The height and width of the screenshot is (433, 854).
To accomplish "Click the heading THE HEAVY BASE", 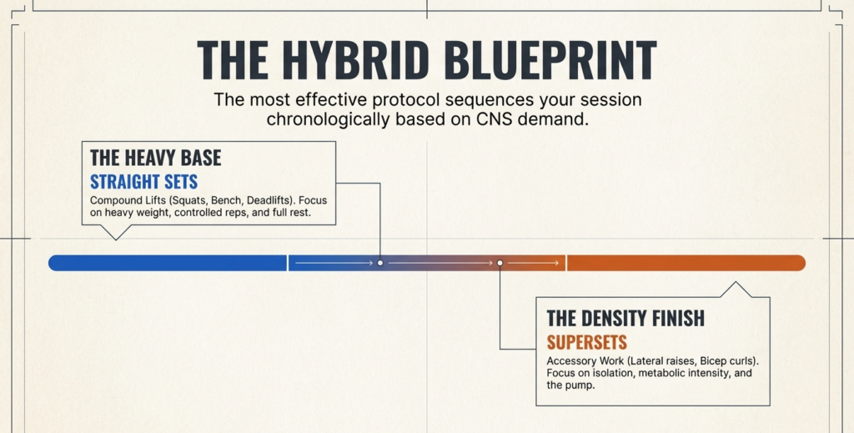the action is (x=156, y=158).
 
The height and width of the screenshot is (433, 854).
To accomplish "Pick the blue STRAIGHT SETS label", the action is (x=143, y=181).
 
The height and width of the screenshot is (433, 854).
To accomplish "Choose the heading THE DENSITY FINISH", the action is (x=625, y=318).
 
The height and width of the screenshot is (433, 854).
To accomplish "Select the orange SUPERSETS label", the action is (x=586, y=343).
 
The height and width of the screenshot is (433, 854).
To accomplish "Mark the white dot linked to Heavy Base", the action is (x=380, y=263).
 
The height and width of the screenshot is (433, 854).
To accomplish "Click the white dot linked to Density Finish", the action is (x=500, y=263).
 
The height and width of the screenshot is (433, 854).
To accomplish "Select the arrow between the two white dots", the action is (x=440, y=263).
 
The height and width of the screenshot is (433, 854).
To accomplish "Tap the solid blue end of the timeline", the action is (x=168, y=263).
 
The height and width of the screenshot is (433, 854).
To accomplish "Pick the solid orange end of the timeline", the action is (x=686, y=263).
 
